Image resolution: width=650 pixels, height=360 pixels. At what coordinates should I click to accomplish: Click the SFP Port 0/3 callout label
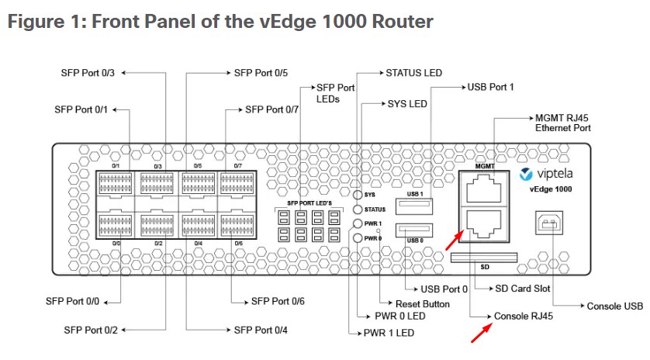(x=88, y=73)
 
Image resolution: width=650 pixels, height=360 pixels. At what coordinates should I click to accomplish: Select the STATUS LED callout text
(x=413, y=73)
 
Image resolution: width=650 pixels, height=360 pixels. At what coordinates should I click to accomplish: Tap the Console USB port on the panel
(x=549, y=223)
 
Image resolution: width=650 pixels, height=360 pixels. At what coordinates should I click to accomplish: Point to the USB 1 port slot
(x=414, y=206)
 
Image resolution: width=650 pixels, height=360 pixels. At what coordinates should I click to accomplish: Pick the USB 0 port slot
(x=414, y=230)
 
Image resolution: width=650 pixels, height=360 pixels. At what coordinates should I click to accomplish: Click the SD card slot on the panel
(x=484, y=258)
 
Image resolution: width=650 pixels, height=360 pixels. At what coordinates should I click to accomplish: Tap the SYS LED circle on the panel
(x=358, y=195)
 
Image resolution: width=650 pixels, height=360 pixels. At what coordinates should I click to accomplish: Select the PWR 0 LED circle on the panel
(x=358, y=238)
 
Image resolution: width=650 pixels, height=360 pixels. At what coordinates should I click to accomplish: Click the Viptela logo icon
(x=526, y=175)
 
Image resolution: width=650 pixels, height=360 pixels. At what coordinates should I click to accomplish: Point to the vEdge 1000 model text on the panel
(x=551, y=189)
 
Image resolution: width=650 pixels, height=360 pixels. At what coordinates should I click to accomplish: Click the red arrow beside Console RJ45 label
(x=482, y=333)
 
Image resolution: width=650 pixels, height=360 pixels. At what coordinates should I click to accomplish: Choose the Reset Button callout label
(x=423, y=304)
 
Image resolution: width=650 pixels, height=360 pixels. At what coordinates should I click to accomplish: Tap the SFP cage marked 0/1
(x=116, y=183)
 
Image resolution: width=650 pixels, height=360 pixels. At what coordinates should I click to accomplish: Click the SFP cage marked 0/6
(x=237, y=225)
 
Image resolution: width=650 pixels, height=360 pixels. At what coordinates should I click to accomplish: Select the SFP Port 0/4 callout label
(x=261, y=331)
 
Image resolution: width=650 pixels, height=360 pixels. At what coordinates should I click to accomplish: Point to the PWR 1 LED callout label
(x=389, y=333)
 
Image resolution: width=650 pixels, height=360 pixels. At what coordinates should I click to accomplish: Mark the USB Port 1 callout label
(x=490, y=87)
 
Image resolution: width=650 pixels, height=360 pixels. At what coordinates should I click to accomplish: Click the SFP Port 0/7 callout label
(x=272, y=110)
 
